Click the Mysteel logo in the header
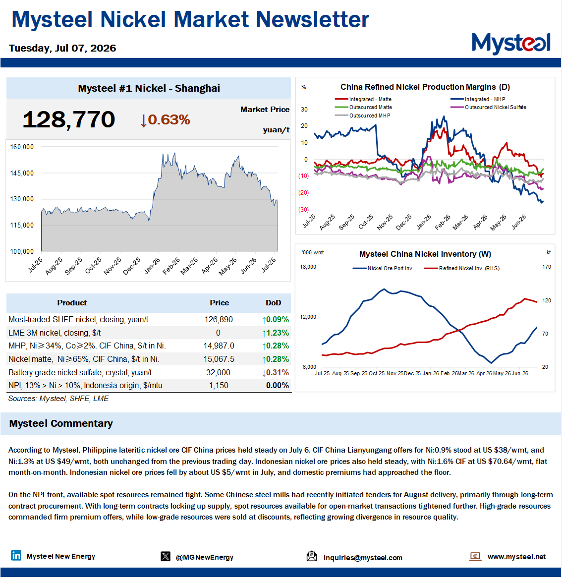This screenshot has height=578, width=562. [511, 44]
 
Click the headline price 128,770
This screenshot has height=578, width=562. [69, 119]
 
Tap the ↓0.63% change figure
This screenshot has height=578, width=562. [165, 120]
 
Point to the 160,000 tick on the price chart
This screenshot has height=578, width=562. [22, 147]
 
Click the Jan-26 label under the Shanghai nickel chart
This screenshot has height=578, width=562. [152, 265]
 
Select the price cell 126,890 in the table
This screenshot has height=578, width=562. [219, 320]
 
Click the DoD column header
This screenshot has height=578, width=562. [274, 303]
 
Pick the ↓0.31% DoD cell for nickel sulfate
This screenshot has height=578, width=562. [276, 372]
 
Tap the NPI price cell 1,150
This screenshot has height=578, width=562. [219, 386]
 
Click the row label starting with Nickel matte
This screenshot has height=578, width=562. [84, 359]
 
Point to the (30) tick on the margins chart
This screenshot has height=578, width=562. [304, 209]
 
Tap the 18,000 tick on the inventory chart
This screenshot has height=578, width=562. [308, 267]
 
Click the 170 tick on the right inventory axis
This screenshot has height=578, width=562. [547, 267]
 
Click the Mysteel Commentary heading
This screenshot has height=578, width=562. [61, 423]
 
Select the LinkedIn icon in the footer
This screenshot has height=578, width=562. [16, 555]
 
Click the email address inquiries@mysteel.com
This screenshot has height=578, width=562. [363, 558]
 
